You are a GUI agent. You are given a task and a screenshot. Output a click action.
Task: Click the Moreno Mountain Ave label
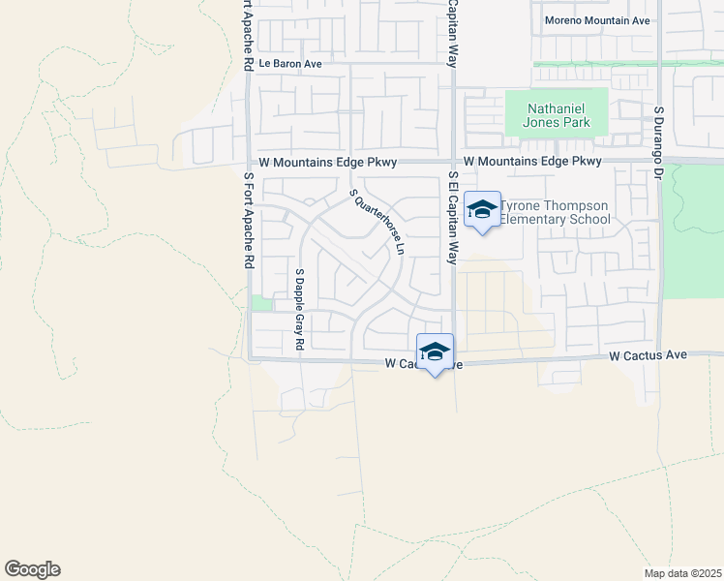596,20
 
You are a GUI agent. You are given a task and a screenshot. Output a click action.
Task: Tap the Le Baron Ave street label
289,64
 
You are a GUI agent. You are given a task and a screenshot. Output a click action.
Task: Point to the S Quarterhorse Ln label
377,222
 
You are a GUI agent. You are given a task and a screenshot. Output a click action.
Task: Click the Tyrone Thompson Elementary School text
555,212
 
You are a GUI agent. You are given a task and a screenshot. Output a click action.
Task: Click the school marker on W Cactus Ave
436,352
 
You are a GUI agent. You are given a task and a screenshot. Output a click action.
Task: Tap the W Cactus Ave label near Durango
649,356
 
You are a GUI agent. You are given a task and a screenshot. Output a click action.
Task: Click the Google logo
32,569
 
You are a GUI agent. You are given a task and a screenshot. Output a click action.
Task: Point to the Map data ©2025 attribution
681,573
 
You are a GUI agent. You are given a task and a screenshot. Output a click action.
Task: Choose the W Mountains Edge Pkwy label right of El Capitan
532,162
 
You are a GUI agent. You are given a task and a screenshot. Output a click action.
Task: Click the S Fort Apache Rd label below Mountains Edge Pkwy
249,221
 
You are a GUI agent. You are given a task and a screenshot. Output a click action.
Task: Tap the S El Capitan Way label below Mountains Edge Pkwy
452,218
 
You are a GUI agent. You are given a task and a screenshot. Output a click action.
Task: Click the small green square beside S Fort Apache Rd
260,303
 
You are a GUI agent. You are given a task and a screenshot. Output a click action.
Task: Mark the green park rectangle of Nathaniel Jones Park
557,113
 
